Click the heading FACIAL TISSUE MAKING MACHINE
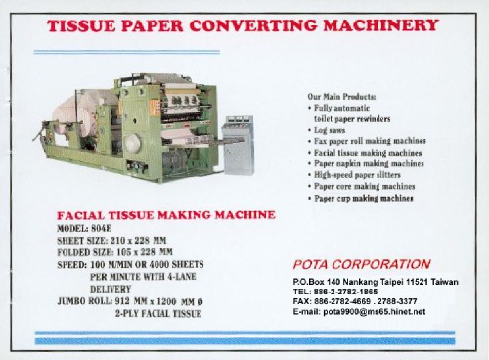(166, 214)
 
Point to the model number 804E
(116, 227)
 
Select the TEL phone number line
(337, 292)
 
